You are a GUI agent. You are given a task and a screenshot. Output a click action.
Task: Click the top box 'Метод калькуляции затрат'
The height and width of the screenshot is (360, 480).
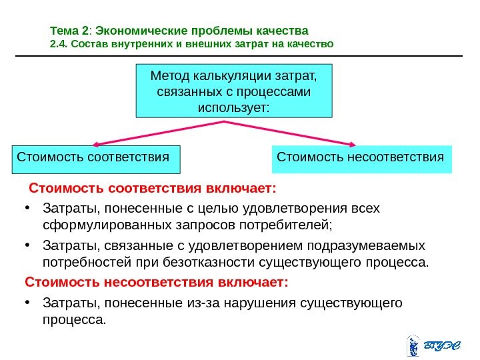[x=233, y=91]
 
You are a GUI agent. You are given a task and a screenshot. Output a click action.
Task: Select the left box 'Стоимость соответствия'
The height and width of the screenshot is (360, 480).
[x=97, y=159]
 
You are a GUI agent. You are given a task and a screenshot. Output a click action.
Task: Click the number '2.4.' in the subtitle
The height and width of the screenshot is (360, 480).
[x=59, y=45]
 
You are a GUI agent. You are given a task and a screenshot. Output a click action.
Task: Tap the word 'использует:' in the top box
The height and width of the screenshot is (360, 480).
[x=234, y=107]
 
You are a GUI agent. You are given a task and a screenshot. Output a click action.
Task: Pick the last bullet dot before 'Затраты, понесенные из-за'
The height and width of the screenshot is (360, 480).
[x=27, y=303]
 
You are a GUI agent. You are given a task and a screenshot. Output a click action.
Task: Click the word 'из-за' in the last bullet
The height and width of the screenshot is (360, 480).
[x=213, y=304]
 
